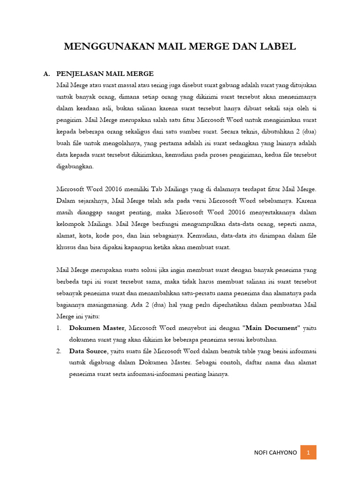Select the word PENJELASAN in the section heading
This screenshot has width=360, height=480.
click(x=80, y=74)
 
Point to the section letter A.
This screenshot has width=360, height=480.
click(x=46, y=74)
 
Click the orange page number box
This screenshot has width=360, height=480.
click(x=308, y=452)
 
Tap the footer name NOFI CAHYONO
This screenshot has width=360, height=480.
click(x=276, y=453)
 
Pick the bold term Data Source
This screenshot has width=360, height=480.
click(x=88, y=351)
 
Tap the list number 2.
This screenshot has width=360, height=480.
click(x=59, y=351)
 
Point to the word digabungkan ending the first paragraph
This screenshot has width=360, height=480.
click(x=75, y=166)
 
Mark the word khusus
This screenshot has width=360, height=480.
click(x=65, y=247)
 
